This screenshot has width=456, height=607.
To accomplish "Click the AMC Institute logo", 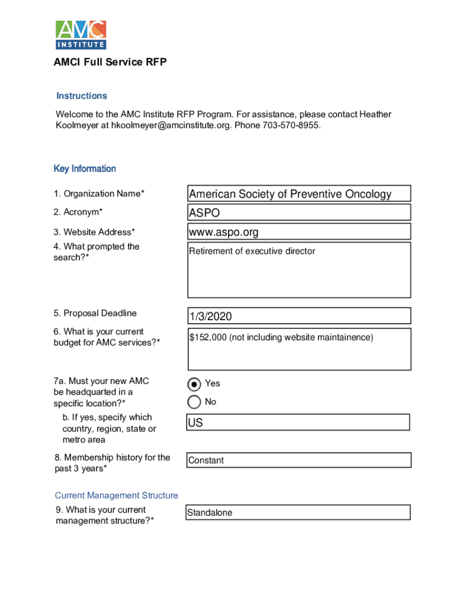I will click(81, 34).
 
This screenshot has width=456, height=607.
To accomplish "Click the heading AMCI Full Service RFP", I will click(110, 62).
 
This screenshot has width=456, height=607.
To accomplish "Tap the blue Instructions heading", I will click(82, 96).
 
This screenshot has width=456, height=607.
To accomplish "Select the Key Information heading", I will click(85, 169).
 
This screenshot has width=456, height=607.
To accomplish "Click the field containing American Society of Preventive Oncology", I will click(298, 194).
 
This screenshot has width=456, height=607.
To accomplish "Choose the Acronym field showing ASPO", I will click(298, 212).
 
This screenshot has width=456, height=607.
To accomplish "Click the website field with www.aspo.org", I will click(298, 232).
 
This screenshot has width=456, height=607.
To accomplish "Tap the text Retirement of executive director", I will click(252, 251).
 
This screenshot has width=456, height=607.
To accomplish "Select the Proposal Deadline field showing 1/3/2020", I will click(298, 316).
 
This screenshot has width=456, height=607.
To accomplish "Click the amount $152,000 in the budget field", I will click(208, 338).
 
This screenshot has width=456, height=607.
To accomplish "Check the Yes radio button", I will click(194, 384).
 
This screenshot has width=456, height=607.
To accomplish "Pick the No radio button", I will click(194, 402).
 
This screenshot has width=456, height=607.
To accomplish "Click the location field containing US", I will click(298, 423).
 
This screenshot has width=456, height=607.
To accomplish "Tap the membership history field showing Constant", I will click(298, 461).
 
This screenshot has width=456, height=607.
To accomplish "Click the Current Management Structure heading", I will click(117, 496).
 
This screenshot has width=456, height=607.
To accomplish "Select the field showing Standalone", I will click(298, 513).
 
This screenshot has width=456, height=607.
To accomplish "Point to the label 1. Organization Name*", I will click(99, 194).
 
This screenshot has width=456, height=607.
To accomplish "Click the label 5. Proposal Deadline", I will click(95, 314).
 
